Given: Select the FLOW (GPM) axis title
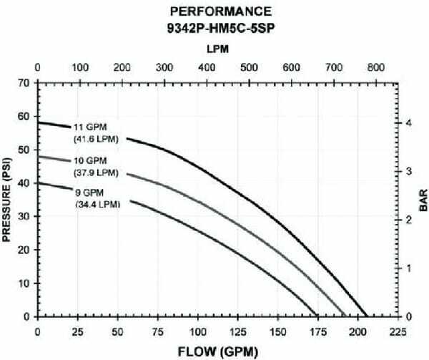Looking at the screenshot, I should click(x=218, y=351).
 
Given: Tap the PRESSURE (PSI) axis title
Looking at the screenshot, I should click(x=9, y=198).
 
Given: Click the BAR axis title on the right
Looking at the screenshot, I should click(x=420, y=198).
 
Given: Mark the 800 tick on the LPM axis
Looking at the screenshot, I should click(x=374, y=67).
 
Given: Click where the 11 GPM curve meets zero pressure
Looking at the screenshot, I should click(x=366, y=316).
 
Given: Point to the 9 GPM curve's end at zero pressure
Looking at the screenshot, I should click(x=317, y=316).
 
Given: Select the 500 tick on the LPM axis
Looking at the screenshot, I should click(x=248, y=67).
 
